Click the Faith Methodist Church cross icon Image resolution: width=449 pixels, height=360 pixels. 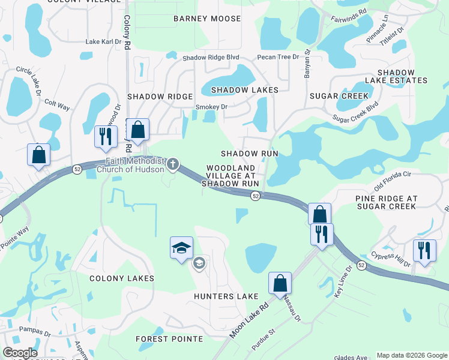click(173, 164)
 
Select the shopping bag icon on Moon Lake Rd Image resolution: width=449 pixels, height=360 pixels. click(280, 283)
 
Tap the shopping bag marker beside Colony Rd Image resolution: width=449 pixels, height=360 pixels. click(137, 130)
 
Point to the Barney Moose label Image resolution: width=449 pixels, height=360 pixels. click(207, 19)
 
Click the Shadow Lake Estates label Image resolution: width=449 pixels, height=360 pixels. click(393, 76)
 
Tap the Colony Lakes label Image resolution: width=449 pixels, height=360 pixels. click(122, 278)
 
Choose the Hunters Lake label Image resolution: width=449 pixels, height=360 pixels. click(226, 296)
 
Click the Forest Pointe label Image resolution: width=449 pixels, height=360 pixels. click(169, 339)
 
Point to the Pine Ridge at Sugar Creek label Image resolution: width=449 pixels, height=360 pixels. click(386, 202)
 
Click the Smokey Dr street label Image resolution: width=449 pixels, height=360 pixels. click(211, 107)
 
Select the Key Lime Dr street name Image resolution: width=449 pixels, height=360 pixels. click(343, 283)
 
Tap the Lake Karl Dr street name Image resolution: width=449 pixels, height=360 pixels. click(103, 42)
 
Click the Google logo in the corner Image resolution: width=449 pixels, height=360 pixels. click(20, 353)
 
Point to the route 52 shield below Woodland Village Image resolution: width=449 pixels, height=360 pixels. click(255, 196)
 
